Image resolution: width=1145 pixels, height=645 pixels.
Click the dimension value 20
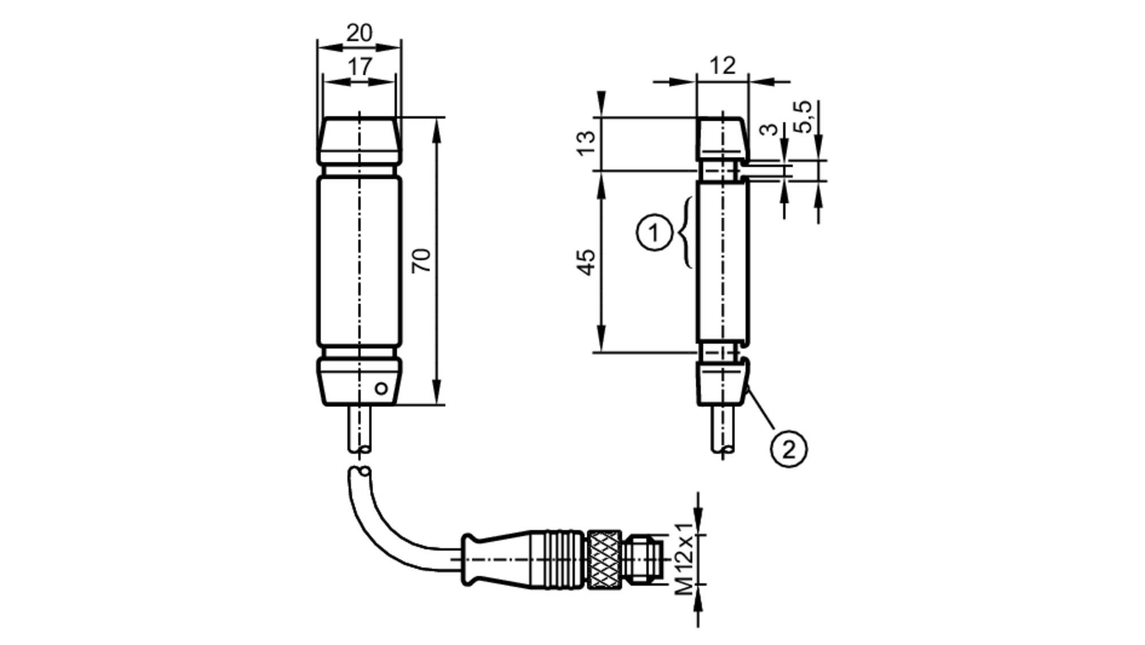tap(359, 33)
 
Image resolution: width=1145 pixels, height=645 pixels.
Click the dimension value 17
tap(360, 67)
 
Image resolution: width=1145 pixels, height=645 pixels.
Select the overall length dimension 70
tap(422, 260)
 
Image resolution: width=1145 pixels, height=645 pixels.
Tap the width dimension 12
tap(722, 66)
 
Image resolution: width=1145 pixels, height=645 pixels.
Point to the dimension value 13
tap(586, 143)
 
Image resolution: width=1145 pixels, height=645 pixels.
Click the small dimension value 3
tap(771, 129)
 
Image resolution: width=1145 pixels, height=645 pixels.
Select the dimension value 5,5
tap(804, 117)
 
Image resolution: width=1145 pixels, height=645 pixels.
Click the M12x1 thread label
tap(684, 559)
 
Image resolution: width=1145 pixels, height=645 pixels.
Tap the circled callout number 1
tap(654, 232)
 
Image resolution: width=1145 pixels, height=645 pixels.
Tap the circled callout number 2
tap(788, 449)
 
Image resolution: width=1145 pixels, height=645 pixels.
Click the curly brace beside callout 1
tap(685, 232)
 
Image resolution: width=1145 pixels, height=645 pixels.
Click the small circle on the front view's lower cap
tap(381, 389)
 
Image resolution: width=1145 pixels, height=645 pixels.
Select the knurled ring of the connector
tap(603, 559)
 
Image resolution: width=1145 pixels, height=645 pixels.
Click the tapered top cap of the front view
tap(360, 140)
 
